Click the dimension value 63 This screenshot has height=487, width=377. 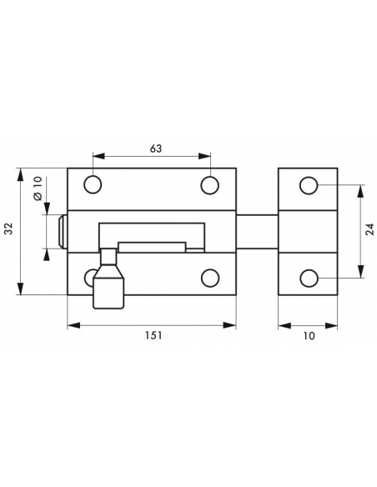point(156,148)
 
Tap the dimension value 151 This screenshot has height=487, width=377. point(153,336)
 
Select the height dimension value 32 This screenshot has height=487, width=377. point(10,228)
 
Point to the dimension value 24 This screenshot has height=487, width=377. point(369,229)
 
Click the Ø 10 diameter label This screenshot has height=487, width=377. point(38,188)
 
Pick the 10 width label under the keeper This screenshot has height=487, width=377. point(309,336)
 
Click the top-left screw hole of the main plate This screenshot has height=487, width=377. point(93,185)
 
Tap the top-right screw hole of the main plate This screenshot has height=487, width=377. point(210,185)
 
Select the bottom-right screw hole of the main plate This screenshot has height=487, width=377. point(210,278)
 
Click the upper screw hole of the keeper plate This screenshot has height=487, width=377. point(309,185)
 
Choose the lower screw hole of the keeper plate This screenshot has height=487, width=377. point(309,278)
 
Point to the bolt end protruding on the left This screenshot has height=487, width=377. point(63,231)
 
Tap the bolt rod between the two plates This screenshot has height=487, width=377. point(257,232)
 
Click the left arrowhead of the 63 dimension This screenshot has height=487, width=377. point(99,156)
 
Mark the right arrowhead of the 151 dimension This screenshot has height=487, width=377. point(229,325)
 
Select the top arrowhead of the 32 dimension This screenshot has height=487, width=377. point(21,174)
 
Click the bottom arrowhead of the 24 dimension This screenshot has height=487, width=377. point(360,272)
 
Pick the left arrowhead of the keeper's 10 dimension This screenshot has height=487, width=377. point(284,325)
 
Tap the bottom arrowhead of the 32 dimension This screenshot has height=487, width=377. point(21,289)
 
